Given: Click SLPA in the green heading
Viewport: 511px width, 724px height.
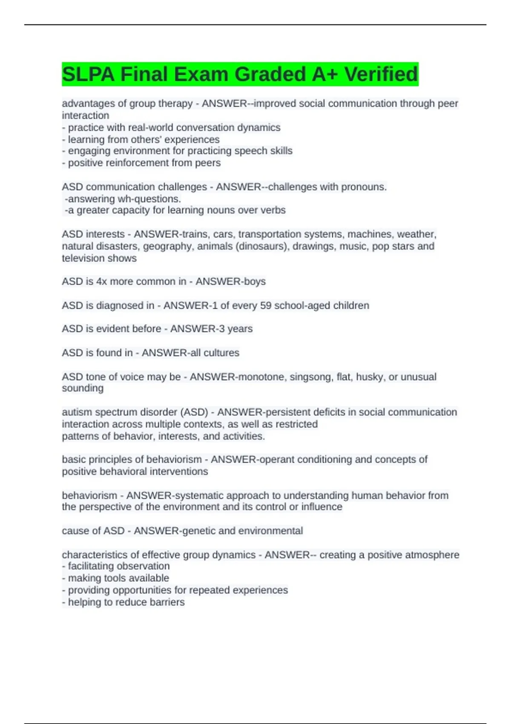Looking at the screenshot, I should pos(88,74).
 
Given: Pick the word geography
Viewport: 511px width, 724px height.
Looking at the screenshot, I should pos(167,246).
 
